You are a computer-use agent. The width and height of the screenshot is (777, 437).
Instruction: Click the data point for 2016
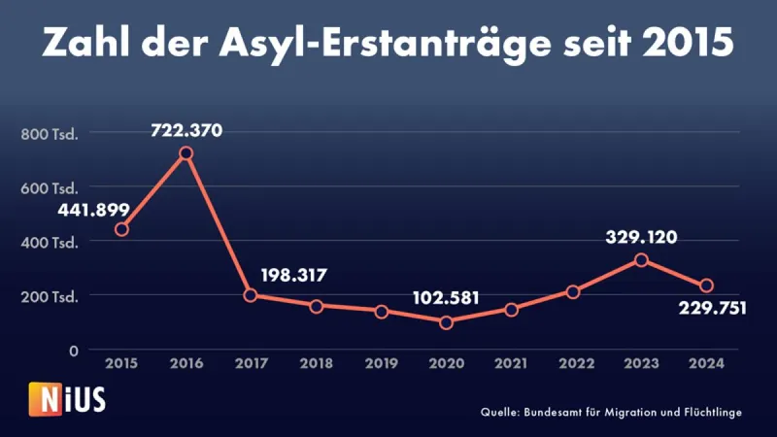[186, 153]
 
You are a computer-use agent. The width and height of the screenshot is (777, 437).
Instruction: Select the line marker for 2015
[121, 229]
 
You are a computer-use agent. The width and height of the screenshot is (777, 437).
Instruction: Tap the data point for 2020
[446, 322]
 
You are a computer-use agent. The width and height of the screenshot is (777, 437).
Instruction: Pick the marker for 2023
[641, 260]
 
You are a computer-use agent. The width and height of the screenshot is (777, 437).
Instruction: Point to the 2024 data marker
[706, 286]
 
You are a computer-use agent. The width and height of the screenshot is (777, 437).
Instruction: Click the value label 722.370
[186, 129]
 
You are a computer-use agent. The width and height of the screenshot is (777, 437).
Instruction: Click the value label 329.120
[641, 236]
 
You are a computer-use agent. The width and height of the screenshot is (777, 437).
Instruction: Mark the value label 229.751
[705, 311]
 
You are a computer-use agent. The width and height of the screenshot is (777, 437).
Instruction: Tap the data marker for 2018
[317, 307]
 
